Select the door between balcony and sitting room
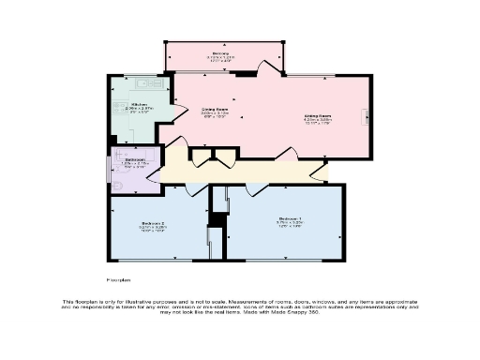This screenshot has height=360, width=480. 270,67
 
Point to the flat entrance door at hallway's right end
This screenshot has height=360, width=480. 323,173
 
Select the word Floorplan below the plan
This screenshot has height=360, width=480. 116,279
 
